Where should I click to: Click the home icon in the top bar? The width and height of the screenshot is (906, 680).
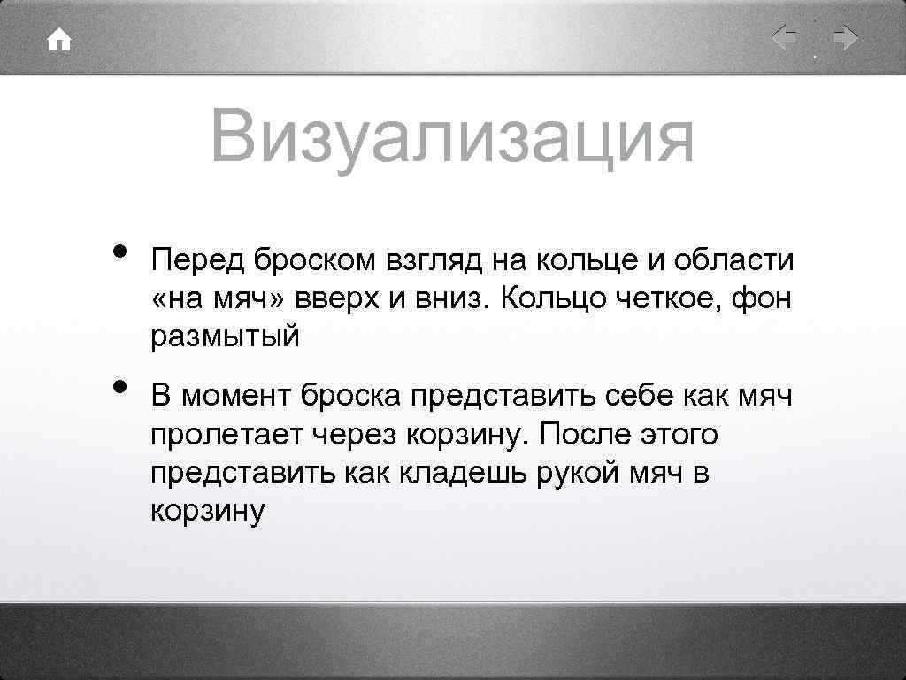click(x=59, y=41)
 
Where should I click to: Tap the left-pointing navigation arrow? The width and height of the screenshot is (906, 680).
click(x=785, y=39)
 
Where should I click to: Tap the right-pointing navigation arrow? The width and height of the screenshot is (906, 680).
click(x=845, y=39)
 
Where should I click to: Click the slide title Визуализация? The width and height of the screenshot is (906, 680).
click(x=452, y=137)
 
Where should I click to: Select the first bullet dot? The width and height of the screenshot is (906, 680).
click(x=118, y=254)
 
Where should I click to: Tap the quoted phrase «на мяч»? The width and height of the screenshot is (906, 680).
click(x=219, y=299)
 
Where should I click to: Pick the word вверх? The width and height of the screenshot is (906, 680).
click(x=331, y=299)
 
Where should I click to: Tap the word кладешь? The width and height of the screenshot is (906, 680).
click(x=452, y=472)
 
